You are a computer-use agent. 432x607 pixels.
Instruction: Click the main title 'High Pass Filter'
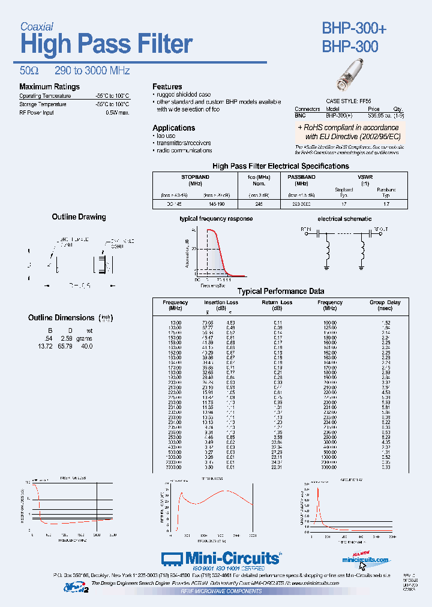[106, 45]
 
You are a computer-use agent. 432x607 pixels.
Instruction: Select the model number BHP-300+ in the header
[355, 28]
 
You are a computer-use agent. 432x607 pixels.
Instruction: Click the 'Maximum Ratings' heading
[49, 87]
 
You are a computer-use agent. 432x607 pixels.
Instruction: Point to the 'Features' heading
[167, 87]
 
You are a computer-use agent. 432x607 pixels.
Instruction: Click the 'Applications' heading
[173, 128]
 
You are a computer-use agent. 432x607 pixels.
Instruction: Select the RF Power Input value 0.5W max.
[117, 112]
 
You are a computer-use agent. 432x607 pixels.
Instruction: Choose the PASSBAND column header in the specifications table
[301, 178]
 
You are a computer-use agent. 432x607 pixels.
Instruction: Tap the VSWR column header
[364, 178]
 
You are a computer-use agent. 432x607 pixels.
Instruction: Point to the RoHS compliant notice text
[348, 132]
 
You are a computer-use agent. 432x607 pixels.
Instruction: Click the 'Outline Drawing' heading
[79, 217]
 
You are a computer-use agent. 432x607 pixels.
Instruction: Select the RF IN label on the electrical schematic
[306, 229]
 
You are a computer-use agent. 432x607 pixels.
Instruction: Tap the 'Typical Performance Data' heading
[281, 292]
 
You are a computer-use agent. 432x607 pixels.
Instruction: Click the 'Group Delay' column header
[385, 302]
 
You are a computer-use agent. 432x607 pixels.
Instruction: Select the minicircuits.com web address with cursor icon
[365, 560]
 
